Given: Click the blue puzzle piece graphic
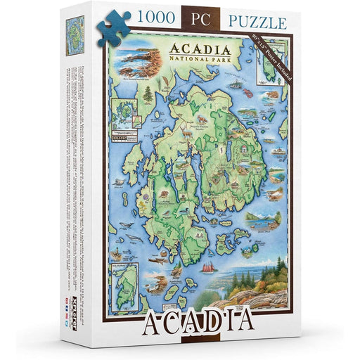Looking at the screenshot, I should click(112, 32).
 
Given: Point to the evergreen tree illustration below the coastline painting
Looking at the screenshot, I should click(128, 94).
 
